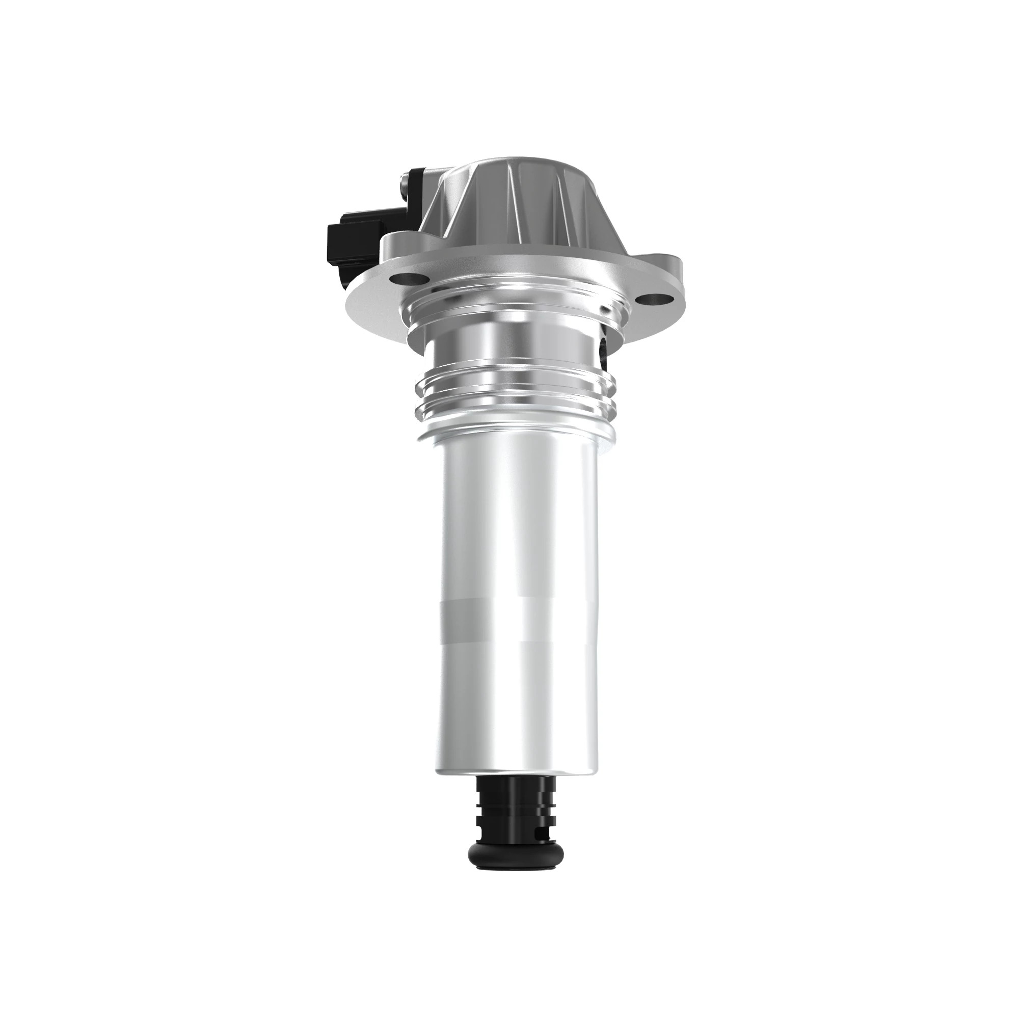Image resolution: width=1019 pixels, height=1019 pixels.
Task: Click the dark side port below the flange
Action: pos(604,350)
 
